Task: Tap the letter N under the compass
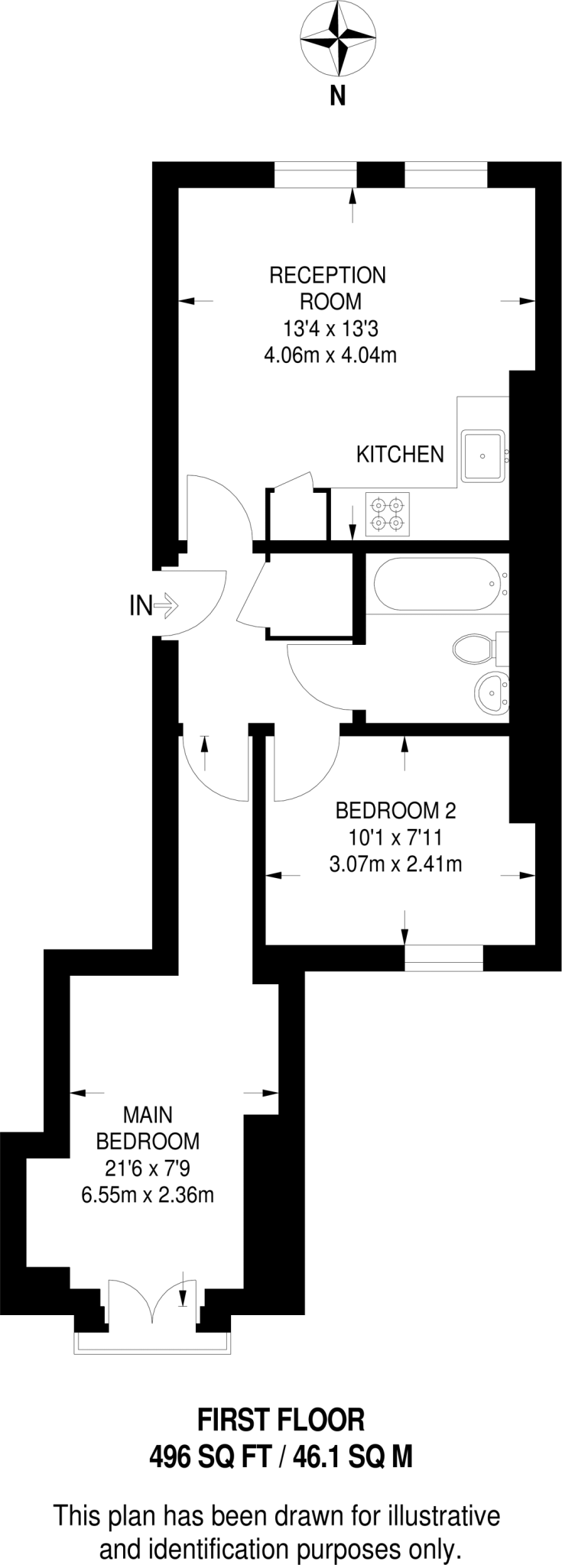337,96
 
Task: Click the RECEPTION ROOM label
327,287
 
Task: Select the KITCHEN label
400,454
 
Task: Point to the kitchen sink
482,456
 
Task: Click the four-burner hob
388,514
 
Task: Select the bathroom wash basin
490,693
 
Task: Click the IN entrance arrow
166,607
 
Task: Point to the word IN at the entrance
140,607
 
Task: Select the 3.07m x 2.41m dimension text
395,864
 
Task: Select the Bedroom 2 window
444,957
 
